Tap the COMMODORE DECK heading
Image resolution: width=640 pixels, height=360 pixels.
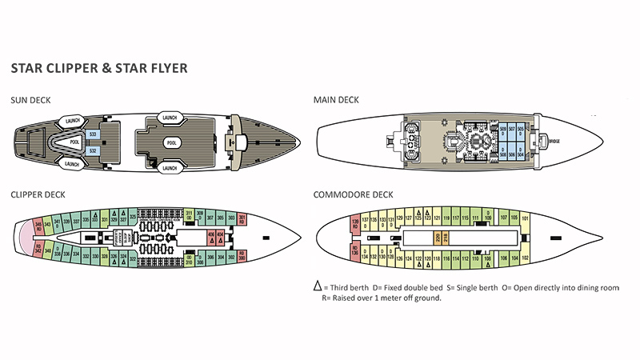tap(352, 194)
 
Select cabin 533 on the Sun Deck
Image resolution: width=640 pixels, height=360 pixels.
tap(93, 134)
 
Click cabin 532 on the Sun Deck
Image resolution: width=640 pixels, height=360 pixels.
tap(93, 150)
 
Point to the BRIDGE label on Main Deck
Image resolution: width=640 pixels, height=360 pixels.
tap(554, 142)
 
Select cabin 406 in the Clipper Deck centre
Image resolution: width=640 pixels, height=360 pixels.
tap(211, 236)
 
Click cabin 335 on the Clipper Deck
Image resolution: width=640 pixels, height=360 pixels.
tap(86, 218)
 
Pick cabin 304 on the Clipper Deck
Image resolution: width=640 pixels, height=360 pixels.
tap(221, 258)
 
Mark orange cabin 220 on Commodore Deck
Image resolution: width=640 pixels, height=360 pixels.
tap(437, 237)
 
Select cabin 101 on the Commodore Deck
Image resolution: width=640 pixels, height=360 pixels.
tap(526, 218)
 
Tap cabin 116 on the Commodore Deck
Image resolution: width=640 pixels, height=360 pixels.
tap(446, 258)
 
